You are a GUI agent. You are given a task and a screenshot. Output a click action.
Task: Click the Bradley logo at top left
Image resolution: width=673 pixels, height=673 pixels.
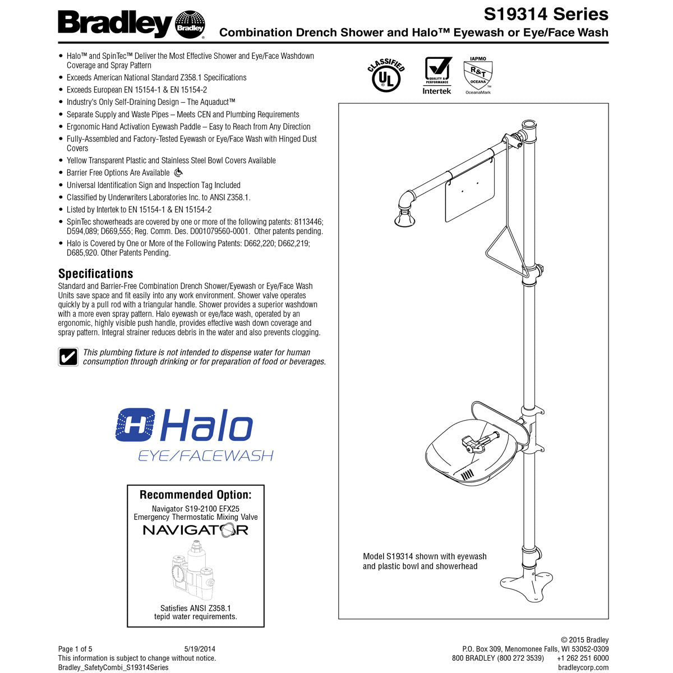(x=131, y=25)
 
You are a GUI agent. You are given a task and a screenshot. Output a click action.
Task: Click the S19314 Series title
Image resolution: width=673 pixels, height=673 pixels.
(x=546, y=13)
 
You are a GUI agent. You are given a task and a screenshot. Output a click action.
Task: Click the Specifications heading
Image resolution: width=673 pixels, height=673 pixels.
(x=96, y=274)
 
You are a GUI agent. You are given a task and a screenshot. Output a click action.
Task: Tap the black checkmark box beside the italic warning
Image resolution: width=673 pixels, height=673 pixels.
(x=68, y=357)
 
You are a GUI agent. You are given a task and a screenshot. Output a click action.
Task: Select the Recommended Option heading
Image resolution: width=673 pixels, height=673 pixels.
(x=195, y=495)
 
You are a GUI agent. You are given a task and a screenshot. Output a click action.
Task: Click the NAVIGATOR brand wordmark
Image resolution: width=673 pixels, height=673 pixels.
(x=195, y=530)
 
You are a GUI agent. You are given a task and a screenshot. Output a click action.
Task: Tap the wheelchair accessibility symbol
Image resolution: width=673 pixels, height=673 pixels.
(x=178, y=173)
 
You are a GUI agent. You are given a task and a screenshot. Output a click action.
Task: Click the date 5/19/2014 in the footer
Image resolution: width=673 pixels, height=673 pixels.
(x=200, y=649)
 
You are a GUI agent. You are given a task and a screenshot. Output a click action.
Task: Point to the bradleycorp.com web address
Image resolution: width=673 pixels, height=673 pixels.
(x=583, y=667)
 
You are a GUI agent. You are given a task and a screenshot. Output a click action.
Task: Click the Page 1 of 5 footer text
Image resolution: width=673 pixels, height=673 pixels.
(x=75, y=649)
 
